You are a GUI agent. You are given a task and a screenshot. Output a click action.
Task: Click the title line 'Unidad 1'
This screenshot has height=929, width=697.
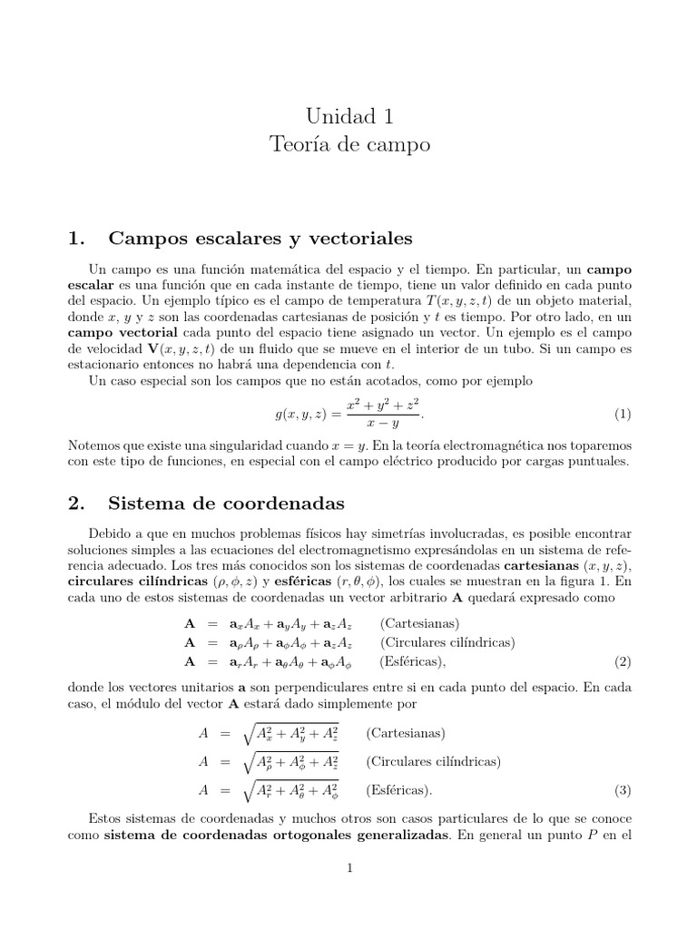[x=349, y=116]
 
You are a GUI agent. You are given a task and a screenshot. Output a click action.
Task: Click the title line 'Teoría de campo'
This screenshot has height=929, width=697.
[x=349, y=144]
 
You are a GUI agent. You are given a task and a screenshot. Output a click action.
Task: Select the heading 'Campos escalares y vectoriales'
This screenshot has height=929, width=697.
[x=260, y=239]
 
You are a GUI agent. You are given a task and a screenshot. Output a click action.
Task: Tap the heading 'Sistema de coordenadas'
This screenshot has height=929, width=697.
[x=226, y=502]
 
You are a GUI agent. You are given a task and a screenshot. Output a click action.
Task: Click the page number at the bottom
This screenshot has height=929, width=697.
[x=349, y=868]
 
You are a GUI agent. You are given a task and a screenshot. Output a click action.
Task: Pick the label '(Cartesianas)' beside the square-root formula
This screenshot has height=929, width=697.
[x=405, y=733]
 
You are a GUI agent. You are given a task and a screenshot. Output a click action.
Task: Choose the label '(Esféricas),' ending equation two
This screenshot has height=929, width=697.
[x=414, y=661]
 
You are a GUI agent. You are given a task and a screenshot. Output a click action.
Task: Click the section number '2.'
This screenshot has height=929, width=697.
[x=77, y=502]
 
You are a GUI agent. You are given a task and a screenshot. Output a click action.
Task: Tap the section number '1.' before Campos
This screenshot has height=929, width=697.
[x=77, y=239]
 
